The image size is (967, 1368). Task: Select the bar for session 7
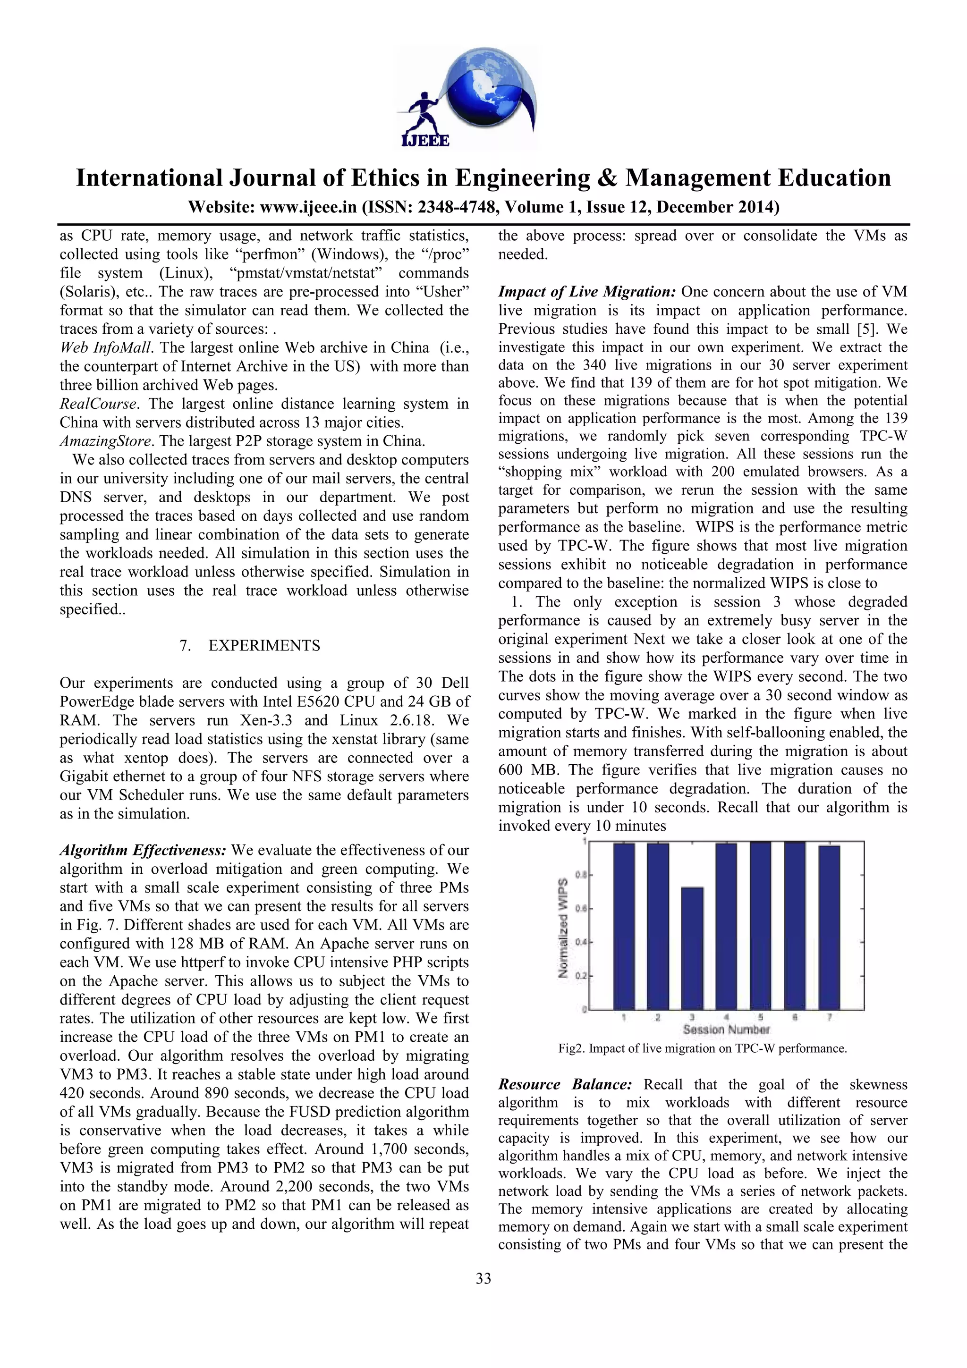click(829, 927)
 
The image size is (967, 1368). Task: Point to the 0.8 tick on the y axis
click(583, 875)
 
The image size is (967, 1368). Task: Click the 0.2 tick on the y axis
click(583, 976)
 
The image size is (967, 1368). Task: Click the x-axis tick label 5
click(761, 1018)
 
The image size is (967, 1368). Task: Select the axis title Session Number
click(726, 1030)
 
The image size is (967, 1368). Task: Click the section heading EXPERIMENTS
click(264, 646)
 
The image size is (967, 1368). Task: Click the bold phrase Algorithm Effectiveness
click(143, 850)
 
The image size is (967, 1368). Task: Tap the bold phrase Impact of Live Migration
click(587, 292)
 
